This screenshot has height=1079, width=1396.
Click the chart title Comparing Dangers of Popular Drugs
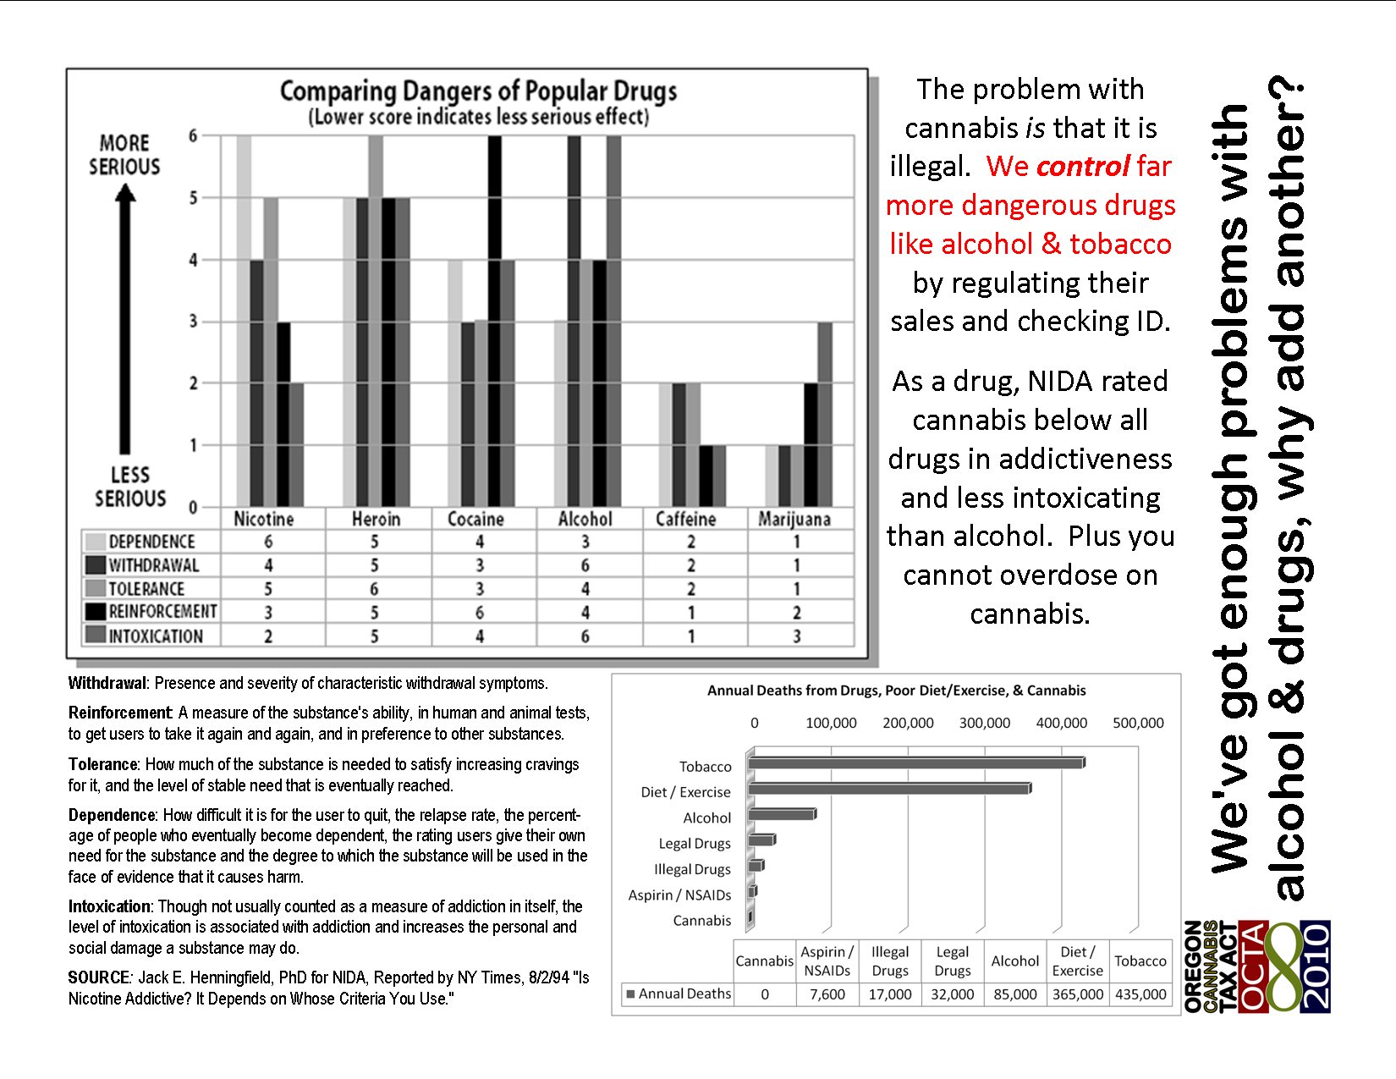pyautogui.click(x=478, y=91)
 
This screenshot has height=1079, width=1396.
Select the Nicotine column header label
pyautogui.click(x=264, y=519)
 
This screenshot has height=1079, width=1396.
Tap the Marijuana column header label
pyautogui.click(x=794, y=519)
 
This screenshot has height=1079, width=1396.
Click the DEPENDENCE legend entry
pyautogui.click(x=151, y=542)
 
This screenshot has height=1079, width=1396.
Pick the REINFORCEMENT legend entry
pyautogui.click(x=162, y=612)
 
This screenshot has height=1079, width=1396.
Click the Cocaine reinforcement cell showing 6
pyautogui.click(x=480, y=612)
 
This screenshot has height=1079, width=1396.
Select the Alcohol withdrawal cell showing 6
pyautogui.click(x=585, y=564)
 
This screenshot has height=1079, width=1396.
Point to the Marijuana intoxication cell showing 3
pyautogui.click(x=796, y=636)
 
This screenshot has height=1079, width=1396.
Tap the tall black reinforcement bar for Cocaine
pyautogui.click(x=495, y=322)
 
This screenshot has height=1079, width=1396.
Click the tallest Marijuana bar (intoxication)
pyautogui.click(x=825, y=415)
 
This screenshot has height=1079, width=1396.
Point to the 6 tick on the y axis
pyautogui.click(x=193, y=135)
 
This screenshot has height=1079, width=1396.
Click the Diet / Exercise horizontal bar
pyautogui.click(x=888, y=789)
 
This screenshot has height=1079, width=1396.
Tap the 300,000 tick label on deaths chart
pyautogui.click(x=985, y=723)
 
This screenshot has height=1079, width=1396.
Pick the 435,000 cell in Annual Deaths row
pyautogui.click(x=1140, y=994)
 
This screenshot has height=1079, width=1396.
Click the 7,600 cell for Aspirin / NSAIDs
pyautogui.click(x=827, y=994)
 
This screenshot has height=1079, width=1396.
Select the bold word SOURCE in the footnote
pyautogui.click(x=99, y=977)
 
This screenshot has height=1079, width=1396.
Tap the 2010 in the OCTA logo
pyautogui.click(x=1316, y=966)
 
